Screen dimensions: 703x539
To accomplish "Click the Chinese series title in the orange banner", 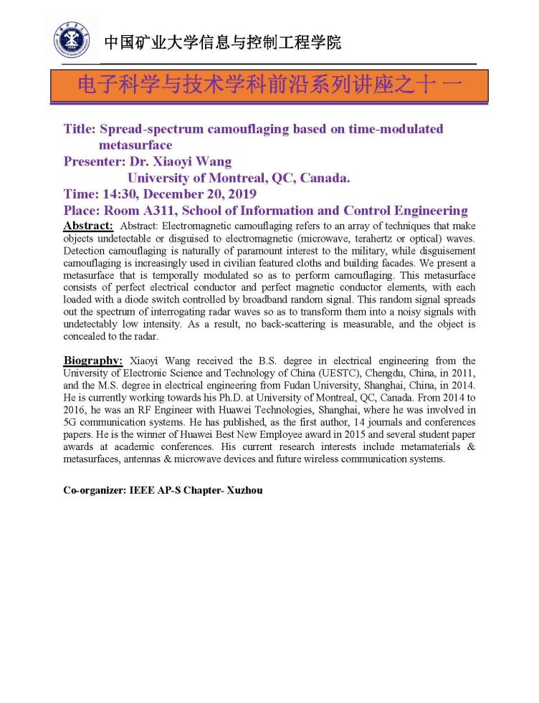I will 269,85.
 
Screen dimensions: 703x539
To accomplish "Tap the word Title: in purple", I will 80,129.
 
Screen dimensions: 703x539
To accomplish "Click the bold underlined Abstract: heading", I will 88,225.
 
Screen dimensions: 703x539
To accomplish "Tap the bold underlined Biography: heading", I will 93,360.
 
